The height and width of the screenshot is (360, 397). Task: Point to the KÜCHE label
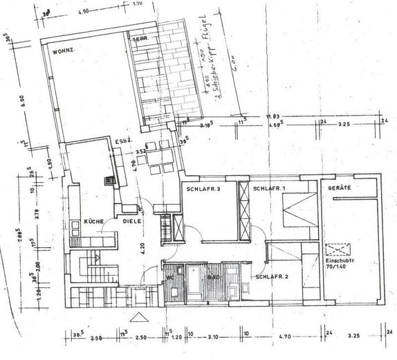coord(94,221)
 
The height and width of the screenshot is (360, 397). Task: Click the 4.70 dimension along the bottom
coord(284,339)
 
